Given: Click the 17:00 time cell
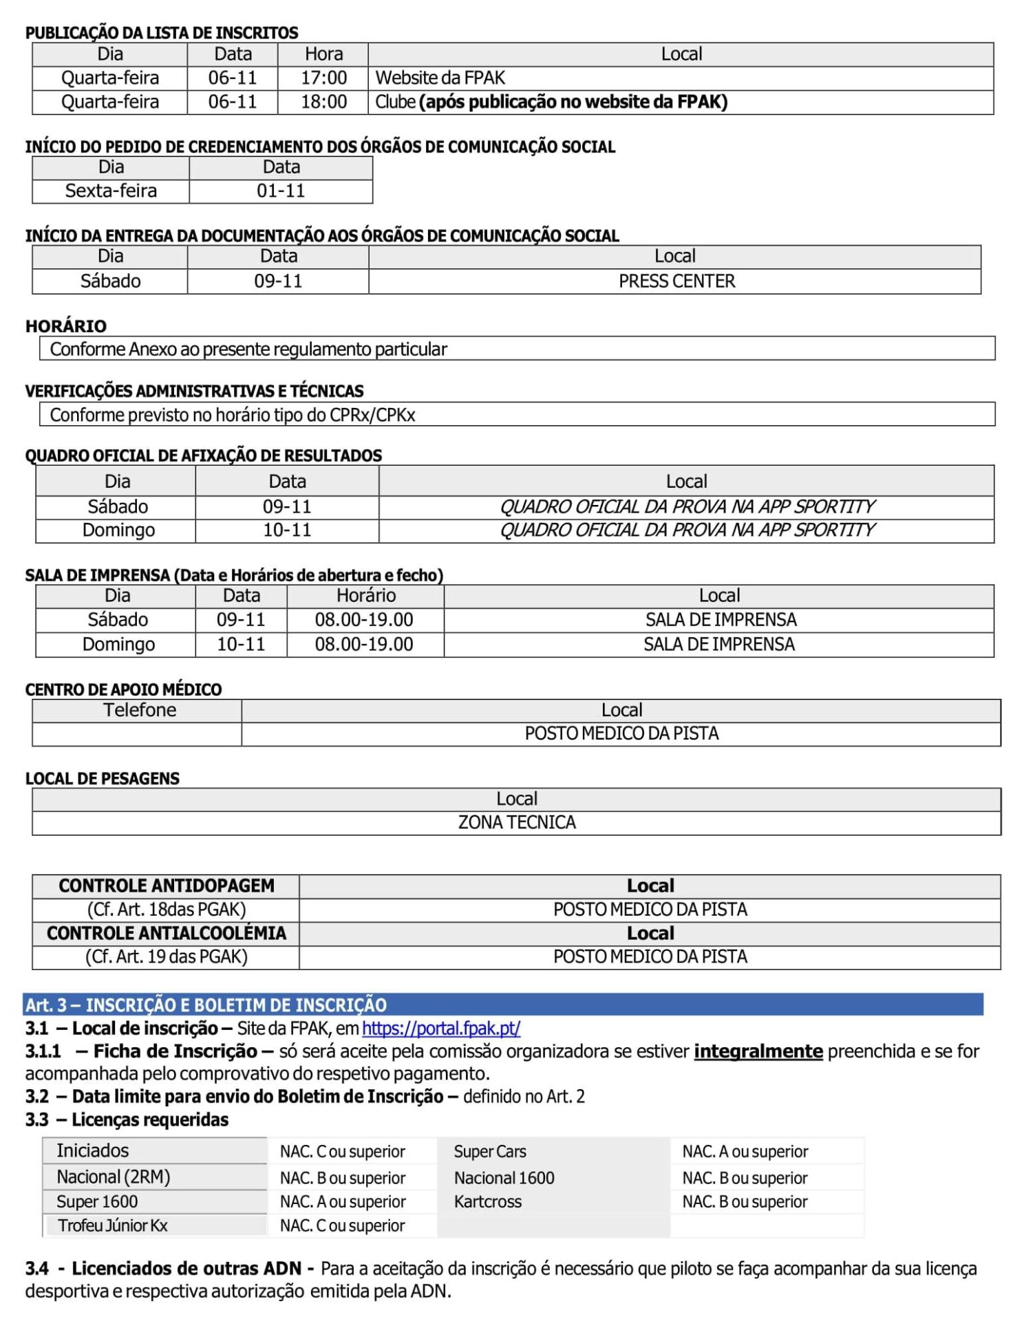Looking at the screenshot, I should click(x=323, y=78).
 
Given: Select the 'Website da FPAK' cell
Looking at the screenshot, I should click(x=440, y=78).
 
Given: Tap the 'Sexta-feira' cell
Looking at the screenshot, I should click(x=111, y=191).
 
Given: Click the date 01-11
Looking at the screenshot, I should click(x=281, y=191).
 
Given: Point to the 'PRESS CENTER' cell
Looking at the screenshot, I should click(x=676, y=281).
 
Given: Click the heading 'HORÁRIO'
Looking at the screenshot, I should click(x=66, y=326).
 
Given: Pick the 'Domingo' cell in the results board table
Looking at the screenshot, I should click(x=118, y=530).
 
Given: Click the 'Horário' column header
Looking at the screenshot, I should click(x=365, y=595).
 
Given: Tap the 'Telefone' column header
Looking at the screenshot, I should click(x=140, y=710).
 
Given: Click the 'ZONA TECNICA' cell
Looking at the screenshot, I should click(x=517, y=822).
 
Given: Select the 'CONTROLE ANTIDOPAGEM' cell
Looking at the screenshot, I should click(x=167, y=885).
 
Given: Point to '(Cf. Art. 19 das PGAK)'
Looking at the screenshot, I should click(x=167, y=956).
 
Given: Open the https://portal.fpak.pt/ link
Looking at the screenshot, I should click(x=441, y=1028).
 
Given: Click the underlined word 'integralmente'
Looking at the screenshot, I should click(x=758, y=1051).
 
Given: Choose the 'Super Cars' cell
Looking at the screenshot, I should click(x=490, y=1151).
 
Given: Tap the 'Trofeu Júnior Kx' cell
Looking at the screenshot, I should click(x=113, y=1225).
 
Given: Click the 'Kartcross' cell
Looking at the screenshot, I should click(x=488, y=1201).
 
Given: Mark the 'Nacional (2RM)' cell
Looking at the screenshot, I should click(x=114, y=1177).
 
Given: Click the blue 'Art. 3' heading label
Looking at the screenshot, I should click(x=45, y=1005).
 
